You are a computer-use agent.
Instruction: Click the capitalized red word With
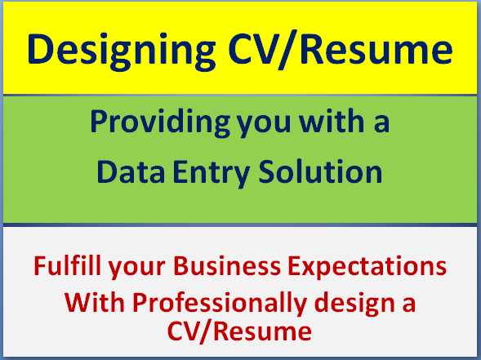click(91, 301)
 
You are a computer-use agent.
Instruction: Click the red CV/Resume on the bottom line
click(241, 331)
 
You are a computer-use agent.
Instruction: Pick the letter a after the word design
click(408, 303)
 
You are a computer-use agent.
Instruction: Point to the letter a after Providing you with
click(382, 124)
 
